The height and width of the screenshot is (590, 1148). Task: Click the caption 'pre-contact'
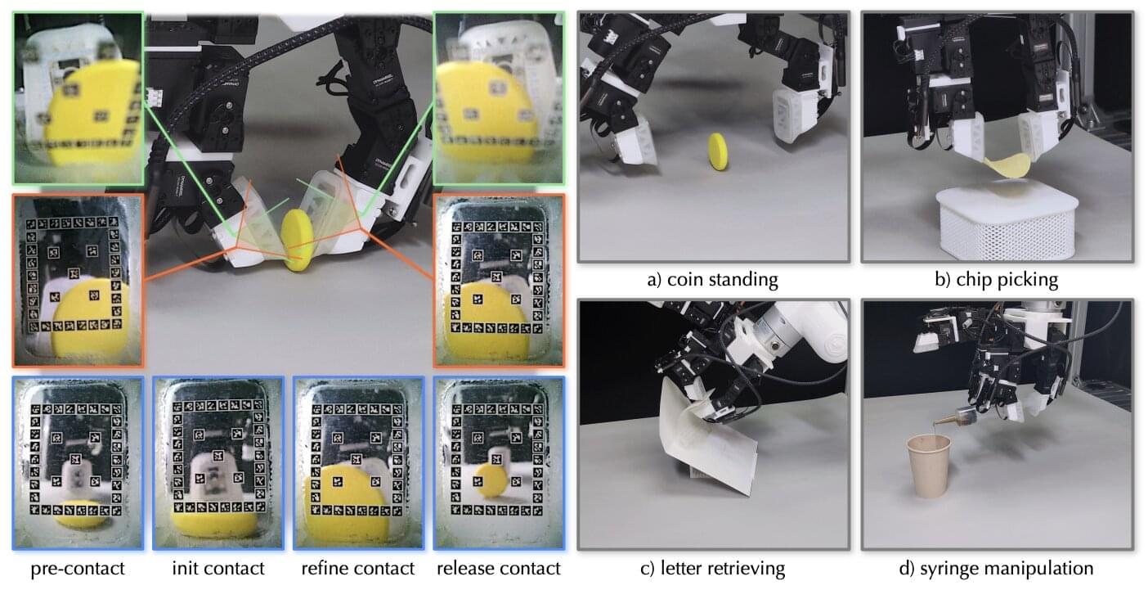[78, 569]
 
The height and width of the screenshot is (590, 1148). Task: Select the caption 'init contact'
[218, 569]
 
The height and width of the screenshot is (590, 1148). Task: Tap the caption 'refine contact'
[357, 569]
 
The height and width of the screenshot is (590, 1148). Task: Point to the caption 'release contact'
[499, 569]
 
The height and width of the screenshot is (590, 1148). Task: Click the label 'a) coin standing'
[712, 280]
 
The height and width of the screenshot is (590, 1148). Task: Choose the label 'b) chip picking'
[996, 280]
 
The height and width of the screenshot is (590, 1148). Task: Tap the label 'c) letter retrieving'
[712, 569]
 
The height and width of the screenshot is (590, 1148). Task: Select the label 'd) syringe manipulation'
[996, 569]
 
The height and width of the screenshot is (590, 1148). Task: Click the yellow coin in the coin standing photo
[718, 151]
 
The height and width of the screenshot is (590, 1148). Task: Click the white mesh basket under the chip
[1007, 223]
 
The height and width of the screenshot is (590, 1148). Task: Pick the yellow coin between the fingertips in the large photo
[298, 240]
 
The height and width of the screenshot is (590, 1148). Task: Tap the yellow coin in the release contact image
[491, 480]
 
